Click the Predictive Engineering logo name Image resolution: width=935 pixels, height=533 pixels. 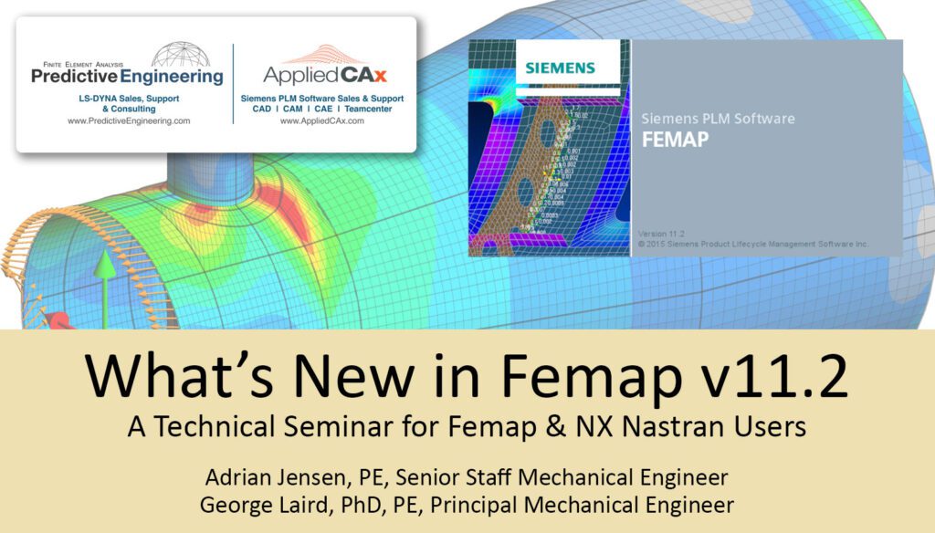coord(127,77)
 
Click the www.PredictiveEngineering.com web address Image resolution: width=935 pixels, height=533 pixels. coord(129,121)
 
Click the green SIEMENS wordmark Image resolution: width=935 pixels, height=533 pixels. coord(560,68)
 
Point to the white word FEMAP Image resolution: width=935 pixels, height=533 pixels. coord(675,141)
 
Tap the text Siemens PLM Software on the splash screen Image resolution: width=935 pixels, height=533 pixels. coord(718,119)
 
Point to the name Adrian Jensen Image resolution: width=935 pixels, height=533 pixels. coord(265,477)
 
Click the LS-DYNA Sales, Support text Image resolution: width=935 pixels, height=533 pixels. coord(129,97)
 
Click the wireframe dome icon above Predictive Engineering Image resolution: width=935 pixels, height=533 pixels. coord(180,55)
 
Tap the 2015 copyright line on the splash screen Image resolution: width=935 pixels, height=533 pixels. coord(752,244)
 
